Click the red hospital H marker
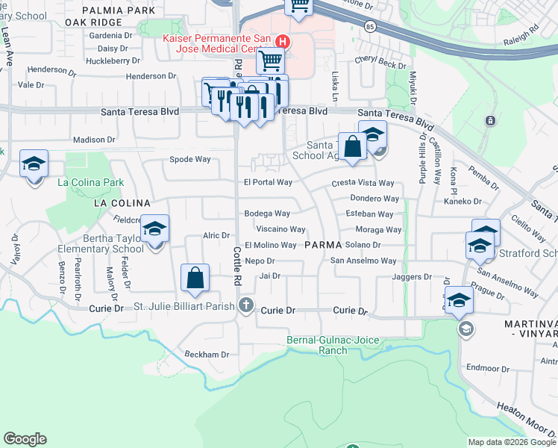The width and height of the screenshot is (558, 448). pos(283,42)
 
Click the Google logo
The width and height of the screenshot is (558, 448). pos(25,439)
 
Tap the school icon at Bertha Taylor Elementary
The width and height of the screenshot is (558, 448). pos(154,230)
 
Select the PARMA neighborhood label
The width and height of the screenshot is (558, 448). pos(322,245)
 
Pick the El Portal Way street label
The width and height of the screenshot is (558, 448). pos(268,182)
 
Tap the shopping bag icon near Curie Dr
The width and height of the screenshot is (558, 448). pos(195,279)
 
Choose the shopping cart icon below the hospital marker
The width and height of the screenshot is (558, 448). pos(269,61)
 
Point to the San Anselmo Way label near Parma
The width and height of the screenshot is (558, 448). pos(363,261)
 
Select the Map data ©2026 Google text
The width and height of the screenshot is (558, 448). pos(512,442)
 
